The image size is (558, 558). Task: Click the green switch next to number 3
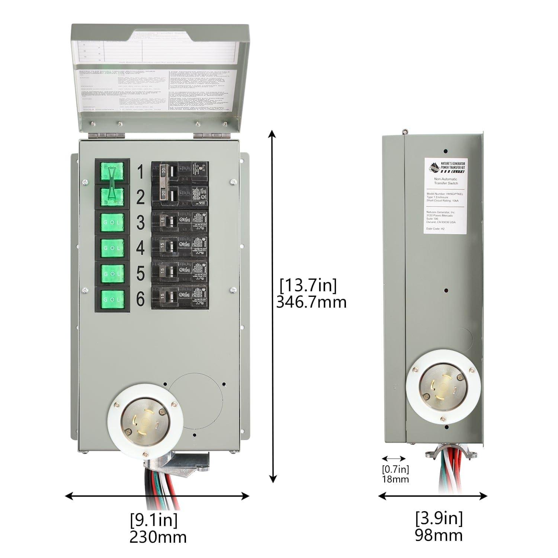[112, 222]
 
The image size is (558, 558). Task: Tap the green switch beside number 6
[112, 299]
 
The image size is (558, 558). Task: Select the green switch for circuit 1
[112, 172]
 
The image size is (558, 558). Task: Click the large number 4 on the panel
[140, 248]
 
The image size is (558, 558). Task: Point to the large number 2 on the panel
[140, 197]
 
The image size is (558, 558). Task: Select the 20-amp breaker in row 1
[179, 172]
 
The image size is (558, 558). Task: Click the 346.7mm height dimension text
[311, 302]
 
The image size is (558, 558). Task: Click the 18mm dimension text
[395, 479]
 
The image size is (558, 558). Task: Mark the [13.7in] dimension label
[308, 286]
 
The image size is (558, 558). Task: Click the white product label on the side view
[445, 196]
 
